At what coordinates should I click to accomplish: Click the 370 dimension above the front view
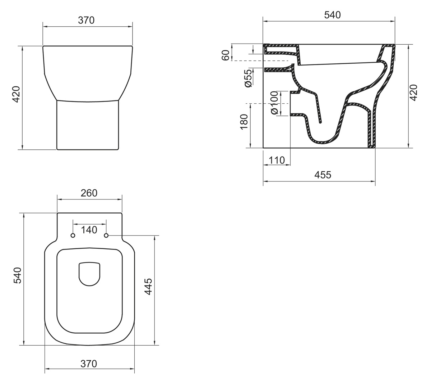coord(86,21)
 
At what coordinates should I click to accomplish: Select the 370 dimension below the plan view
coord(89,364)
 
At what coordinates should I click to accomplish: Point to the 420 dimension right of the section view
coord(413,93)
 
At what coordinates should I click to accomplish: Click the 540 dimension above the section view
coord(332,15)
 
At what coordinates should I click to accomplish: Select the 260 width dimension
coord(89,193)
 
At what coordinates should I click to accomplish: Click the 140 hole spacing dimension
coord(89,230)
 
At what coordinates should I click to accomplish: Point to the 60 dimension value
coord(226,55)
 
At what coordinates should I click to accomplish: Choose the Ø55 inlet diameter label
coord(248,78)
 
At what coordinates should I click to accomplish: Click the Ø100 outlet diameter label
coord(274,103)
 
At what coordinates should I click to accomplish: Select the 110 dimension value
coord(277,160)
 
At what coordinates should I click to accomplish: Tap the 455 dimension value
coord(323,175)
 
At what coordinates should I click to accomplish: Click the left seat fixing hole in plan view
coord(73,235)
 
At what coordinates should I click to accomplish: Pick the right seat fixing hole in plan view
coord(106,235)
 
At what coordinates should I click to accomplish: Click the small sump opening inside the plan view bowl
coord(89,274)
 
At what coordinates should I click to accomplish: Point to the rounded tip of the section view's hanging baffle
coord(320,122)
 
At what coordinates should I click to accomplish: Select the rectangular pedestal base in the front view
coord(88,125)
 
